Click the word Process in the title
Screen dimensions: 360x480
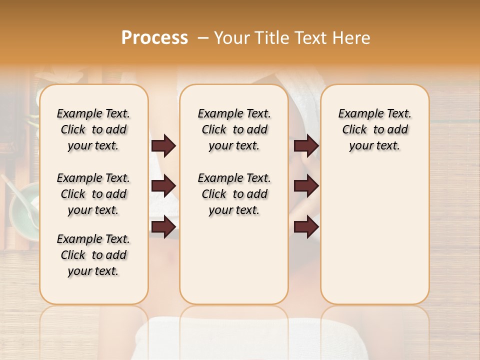[154, 38]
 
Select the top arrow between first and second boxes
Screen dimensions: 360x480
[163, 145]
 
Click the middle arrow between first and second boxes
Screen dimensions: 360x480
[163, 186]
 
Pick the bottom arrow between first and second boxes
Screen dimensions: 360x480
[163, 226]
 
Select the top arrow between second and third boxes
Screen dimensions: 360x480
[306, 145]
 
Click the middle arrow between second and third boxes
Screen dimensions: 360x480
[306, 186]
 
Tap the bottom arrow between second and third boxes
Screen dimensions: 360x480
[306, 226]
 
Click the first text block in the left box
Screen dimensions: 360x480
[93, 129]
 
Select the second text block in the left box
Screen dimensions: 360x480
[93, 194]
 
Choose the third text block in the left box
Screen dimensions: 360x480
[93, 255]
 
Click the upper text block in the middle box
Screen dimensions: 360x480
[234, 129]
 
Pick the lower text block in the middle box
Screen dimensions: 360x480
[234, 194]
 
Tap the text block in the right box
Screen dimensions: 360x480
[374, 129]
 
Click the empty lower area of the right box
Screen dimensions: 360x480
[374, 240]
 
